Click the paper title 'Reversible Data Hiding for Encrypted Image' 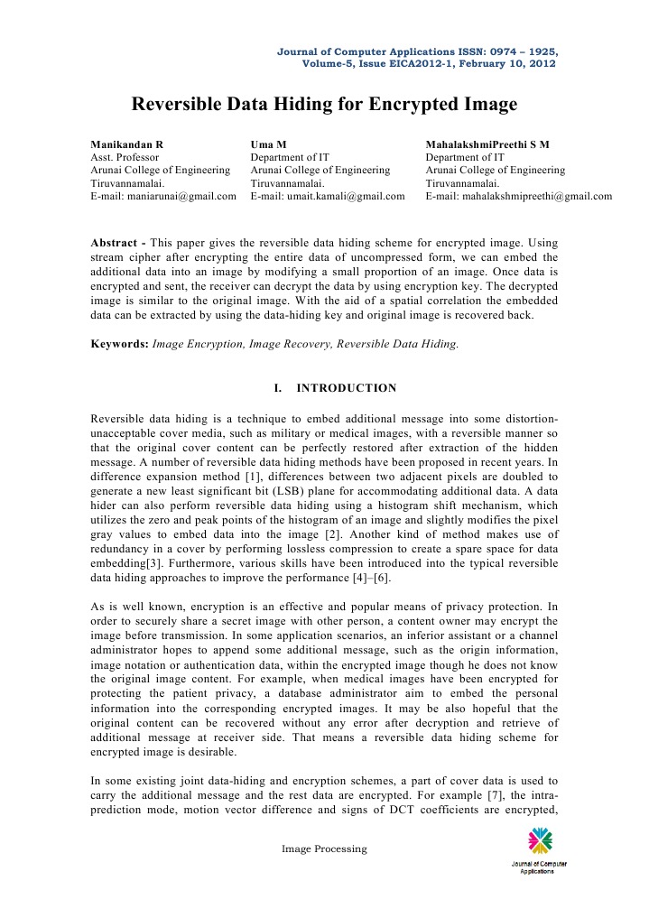(324, 105)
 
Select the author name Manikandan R (127, 144)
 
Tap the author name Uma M (268, 144)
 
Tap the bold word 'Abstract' (117, 244)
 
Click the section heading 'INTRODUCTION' (347, 389)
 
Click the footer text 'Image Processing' (324, 848)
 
